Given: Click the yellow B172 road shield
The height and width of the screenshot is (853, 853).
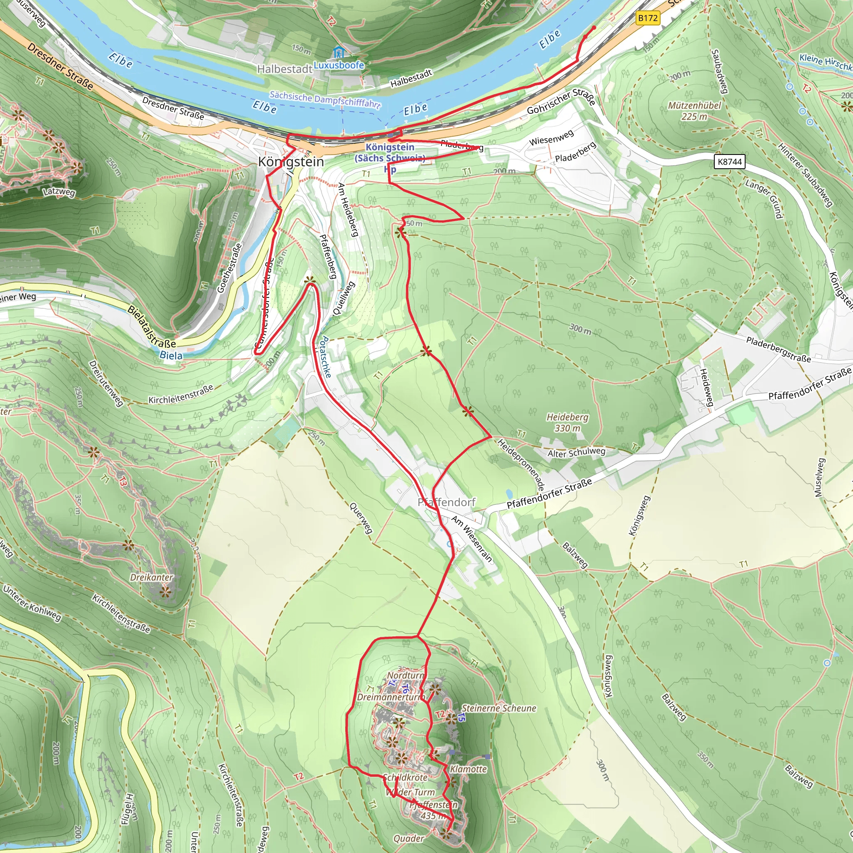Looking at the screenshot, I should pos(648,18).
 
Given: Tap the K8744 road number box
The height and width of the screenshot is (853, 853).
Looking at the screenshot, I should pos(729,162).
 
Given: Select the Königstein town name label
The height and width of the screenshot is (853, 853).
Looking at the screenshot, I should pos(291,162).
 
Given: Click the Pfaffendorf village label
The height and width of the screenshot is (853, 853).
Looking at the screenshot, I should pos(446,502).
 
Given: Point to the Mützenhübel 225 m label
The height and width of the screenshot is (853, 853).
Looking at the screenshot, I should pos(694,111).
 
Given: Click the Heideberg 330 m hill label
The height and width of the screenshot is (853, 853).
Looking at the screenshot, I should pos(567,422).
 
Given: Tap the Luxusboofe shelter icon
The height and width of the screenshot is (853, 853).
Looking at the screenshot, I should pos(339,52).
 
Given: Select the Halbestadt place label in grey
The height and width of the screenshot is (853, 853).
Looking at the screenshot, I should pos(285,69).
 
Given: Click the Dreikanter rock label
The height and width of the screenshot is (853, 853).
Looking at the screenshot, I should pos(152,577).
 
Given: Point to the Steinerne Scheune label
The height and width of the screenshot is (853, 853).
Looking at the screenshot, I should pos(499,708).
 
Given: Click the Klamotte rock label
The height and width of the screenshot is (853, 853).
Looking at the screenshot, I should pos(468,769).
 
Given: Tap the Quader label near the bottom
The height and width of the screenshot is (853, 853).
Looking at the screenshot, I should pos(409,838).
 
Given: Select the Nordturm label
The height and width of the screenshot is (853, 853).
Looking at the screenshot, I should pos(405,676).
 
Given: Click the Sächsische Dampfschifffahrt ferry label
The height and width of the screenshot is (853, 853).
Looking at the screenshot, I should pos(325,100).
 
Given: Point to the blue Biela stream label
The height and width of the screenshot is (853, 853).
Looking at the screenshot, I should pos(171,355).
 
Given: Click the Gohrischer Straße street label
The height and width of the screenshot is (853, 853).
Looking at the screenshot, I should pos(561,101).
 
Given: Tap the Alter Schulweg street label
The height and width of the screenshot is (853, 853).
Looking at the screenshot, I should pos(576,453).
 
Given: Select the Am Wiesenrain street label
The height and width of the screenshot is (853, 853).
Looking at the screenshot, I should pos(471,539).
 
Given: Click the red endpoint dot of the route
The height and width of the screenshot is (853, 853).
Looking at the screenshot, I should pos(594,28).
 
